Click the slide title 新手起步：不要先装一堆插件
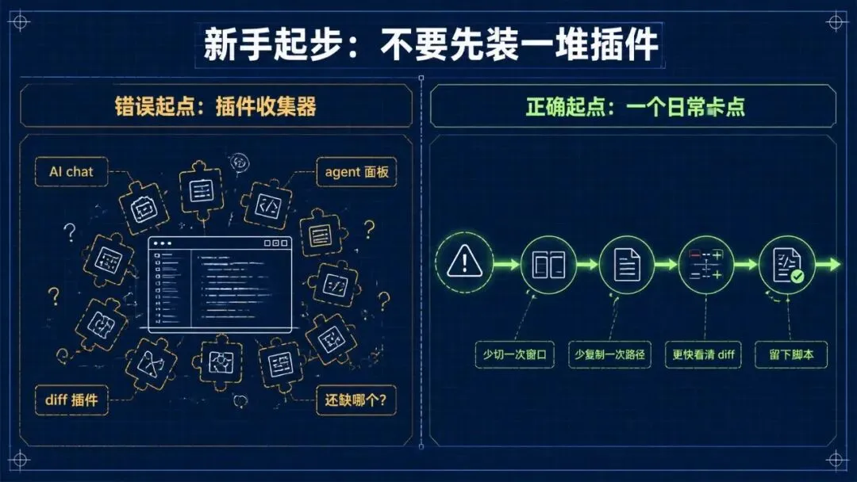[431, 44]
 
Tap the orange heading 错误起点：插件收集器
[215, 106]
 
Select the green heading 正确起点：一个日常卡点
[635, 106]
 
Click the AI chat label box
[71, 172]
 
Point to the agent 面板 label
[356, 172]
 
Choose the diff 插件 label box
[71, 400]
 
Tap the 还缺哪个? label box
[355, 400]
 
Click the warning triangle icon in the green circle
[464, 262]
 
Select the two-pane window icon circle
[549, 265]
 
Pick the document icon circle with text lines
[627, 265]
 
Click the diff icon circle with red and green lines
[706, 265]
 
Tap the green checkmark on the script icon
[797, 276]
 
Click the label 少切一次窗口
[515, 355]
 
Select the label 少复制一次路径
[609, 355]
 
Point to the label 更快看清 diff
[703, 355]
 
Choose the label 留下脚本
[791, 355]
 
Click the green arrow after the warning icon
[506, 265]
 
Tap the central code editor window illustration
[220, 285]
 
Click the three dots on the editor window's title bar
[163, 243]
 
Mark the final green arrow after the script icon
[828, 265]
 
